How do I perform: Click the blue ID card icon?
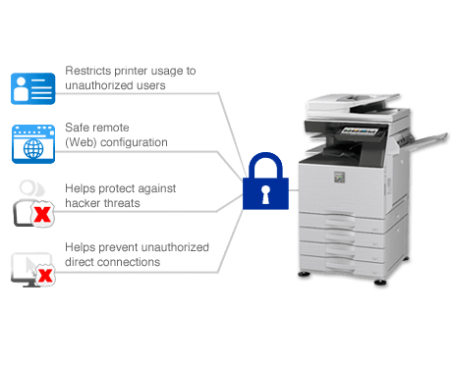click(x=32, y=86)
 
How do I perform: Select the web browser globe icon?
click(x=32, y=145)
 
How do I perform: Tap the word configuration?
click(x=137, y=141)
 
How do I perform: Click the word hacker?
click(x=84, y=201)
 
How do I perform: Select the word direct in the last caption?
click(x=81, y=262)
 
